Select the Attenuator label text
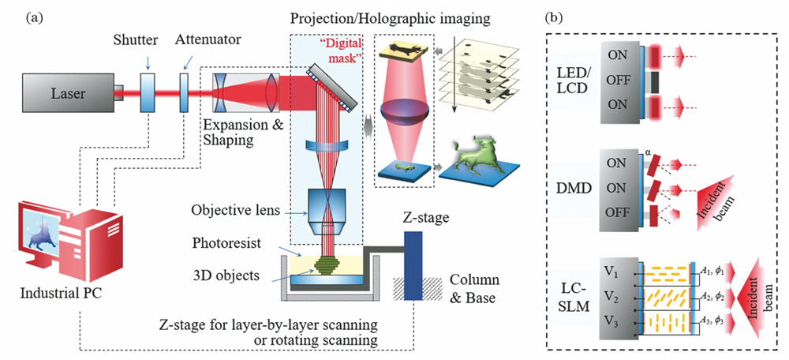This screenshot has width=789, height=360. pyautogui.click(x=208, y=39)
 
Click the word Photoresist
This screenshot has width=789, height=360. pyautogui.click(x=227, y=238)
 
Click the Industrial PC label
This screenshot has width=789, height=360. pyautogui.click(x=60, y=294)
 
